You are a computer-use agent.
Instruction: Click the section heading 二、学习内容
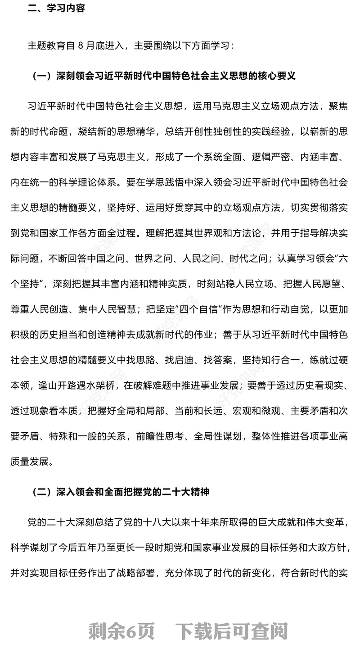(56, 9)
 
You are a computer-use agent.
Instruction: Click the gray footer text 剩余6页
(121, 631)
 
